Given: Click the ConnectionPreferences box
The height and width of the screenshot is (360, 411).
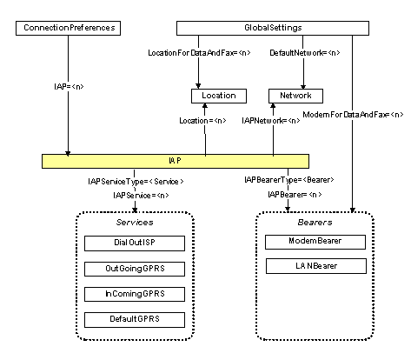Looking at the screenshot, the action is pos(68,28).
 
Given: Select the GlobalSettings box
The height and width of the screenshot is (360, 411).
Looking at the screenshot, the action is pos(273,28).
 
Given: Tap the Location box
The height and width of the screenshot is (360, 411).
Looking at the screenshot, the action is pos(219,96).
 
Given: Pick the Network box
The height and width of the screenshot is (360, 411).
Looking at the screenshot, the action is pos(295,96).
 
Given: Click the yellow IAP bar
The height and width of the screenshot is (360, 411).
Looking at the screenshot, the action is pos(176,161).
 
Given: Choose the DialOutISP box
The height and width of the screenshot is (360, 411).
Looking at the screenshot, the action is pos(135,243).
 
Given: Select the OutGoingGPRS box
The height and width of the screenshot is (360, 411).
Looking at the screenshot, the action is pos(135,269).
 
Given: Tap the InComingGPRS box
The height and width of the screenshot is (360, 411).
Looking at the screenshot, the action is pos(135,294).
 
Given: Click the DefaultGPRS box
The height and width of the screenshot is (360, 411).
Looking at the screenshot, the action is pos(135,320).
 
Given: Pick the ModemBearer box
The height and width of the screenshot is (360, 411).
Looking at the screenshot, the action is pos(315,242).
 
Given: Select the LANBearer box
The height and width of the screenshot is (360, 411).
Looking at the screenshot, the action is pos(316,266).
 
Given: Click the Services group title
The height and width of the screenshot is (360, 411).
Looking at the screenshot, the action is pos(135,223).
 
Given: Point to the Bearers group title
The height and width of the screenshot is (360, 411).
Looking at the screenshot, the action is pos(315,223).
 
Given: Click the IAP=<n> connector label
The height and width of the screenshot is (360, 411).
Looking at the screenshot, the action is pos(69,86).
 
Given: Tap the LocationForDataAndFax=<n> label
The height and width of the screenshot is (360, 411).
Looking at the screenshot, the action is pos(199,53).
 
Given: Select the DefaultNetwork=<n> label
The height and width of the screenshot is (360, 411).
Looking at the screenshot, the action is pos(305,53).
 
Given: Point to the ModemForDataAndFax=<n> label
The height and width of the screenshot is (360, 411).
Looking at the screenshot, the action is pos(353,115).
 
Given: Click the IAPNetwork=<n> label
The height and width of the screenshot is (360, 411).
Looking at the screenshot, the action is pos(271,121).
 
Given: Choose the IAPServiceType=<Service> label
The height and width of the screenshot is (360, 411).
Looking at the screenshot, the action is pos(136,182).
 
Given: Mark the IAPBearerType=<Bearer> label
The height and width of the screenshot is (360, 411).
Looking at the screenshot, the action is pos(289,180).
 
